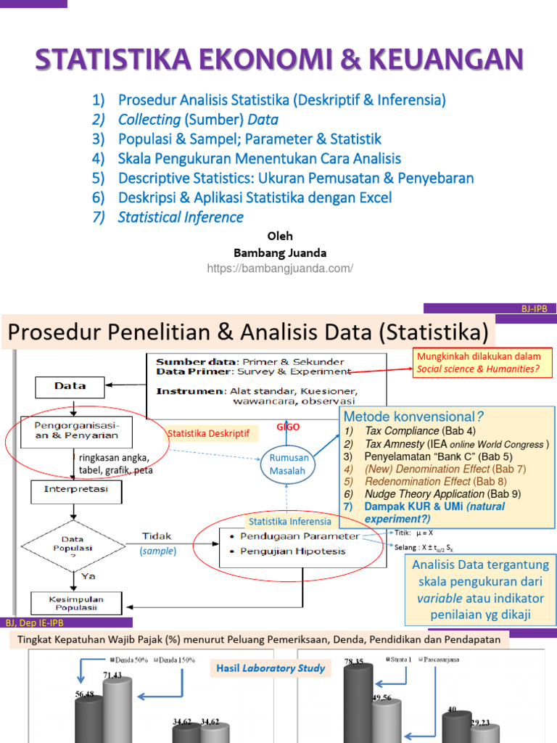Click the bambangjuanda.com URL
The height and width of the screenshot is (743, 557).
(279, 268)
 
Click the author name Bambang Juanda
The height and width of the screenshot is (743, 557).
(280, 253)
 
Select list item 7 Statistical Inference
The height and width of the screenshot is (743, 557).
(181, 217)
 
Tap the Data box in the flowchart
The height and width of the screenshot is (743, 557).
(70, 386)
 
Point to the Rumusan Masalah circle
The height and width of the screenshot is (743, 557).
(289, 464)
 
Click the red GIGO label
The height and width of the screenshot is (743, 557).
(289, 428)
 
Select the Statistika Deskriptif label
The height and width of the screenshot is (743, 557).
(208, 433)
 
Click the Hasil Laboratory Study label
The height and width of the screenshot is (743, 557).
(269, 668)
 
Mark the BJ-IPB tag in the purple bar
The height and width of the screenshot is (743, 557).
(537, 308)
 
